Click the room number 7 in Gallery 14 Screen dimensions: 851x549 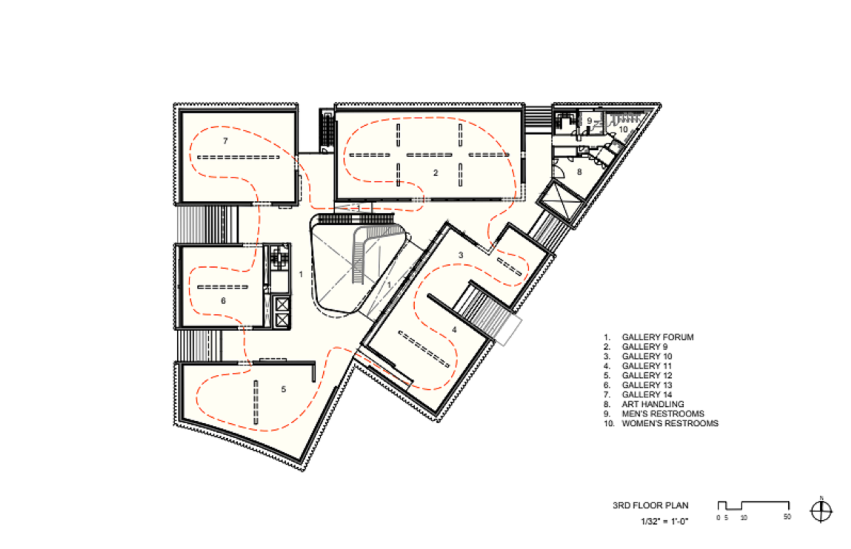(x=225, y=141)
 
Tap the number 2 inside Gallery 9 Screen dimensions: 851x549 (x=435, y=173)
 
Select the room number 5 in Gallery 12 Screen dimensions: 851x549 (x=284, y=389)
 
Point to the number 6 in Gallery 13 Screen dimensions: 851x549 (x=223, y=301)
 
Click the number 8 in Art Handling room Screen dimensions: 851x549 (x=580, y=172)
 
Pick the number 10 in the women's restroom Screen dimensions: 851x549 (x=623, y=129)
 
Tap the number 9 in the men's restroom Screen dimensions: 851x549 (x=590, y=121)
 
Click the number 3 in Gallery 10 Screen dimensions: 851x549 (x=461, y=255)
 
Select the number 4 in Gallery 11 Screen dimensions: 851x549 (x=454, y=330)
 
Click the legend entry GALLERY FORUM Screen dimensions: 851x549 (x=658, y=337)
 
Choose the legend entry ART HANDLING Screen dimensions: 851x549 (x=653, y=404)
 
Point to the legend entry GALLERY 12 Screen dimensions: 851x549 (x=647, y=375)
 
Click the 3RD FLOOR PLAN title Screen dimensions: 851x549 (x=651, y=505)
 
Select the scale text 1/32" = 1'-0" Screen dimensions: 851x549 (x=664, y=521)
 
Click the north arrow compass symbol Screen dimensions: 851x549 (x=821, y=511)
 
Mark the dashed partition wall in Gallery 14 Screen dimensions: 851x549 (x=238, y=157)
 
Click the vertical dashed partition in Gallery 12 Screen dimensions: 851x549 (x=256, y=402)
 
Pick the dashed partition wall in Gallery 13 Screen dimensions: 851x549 (x=223, y=287)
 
